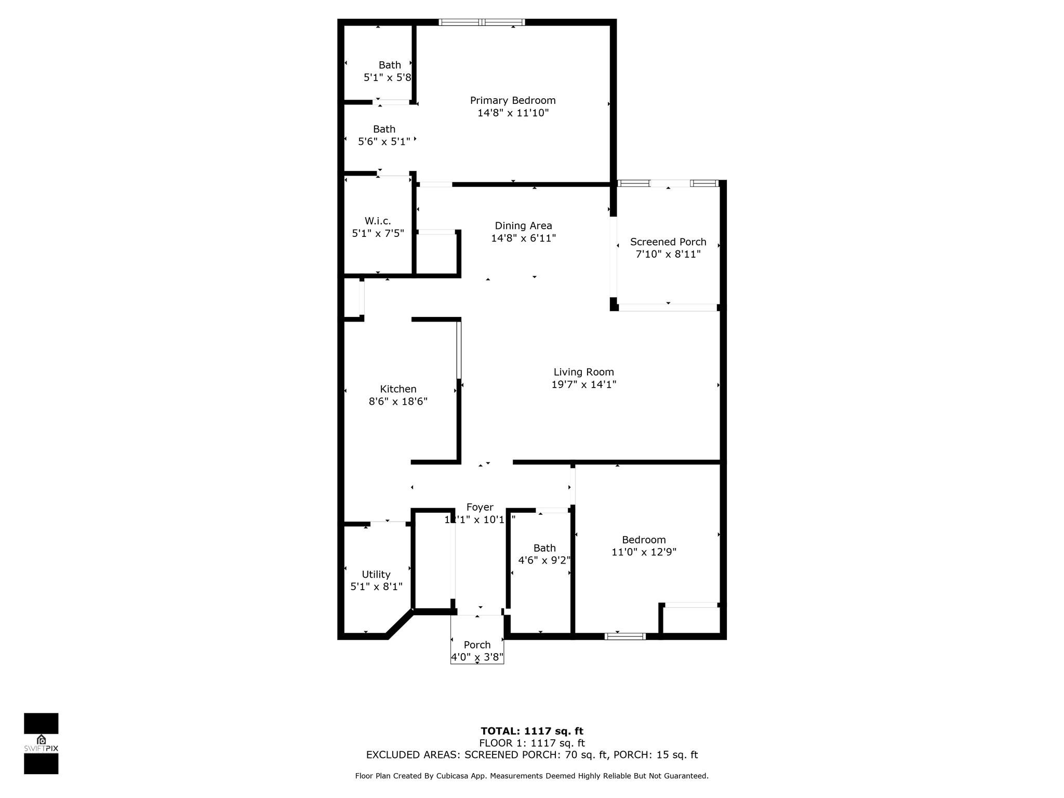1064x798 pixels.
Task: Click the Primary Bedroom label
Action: coord(512,100)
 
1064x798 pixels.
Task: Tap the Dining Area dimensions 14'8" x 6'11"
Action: coord(523,238)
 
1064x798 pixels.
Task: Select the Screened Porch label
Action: coord(668,242)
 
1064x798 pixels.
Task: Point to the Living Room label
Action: coord(583,372)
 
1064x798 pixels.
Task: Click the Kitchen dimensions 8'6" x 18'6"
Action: coord(398,401)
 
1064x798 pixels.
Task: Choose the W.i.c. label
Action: coord(378,221)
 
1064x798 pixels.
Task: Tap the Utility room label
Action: coord(376,574)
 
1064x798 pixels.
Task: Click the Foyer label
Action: coord(480,507)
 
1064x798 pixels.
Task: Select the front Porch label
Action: coord(477,645)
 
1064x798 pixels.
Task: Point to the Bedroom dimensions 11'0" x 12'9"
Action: coord(644,552)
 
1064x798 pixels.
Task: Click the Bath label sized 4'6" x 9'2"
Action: coord(544,548)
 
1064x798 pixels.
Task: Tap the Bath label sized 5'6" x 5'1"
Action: coord(384,129)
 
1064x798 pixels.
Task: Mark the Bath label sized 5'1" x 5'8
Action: coord(389,65)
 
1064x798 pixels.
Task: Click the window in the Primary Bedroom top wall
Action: coord(482,22)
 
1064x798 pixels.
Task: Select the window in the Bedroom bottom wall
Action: coord(625,636)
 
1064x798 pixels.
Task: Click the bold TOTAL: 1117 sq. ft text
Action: coord(531,731)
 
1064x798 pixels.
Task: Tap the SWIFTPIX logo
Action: coord(41,743)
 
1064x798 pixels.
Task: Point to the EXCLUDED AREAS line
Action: coord(531,755)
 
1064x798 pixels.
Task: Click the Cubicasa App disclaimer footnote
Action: coord(531,776)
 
